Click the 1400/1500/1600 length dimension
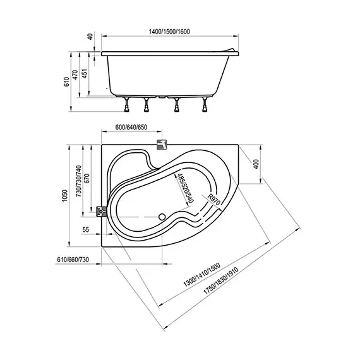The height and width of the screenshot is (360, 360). point(169,32)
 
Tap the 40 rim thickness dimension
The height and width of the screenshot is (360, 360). point(91,37)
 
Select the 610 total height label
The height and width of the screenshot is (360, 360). point(66,81)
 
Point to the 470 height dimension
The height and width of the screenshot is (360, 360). point(75,75)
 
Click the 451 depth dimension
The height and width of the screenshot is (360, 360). point(85,73)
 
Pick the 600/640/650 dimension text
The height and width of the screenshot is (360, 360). point(131,127)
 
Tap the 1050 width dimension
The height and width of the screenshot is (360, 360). point(65,196)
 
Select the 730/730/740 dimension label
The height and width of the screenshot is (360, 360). point(78,181)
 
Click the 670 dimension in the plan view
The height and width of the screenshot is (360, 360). point(87,179)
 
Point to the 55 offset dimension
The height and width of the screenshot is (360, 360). point(85,229)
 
